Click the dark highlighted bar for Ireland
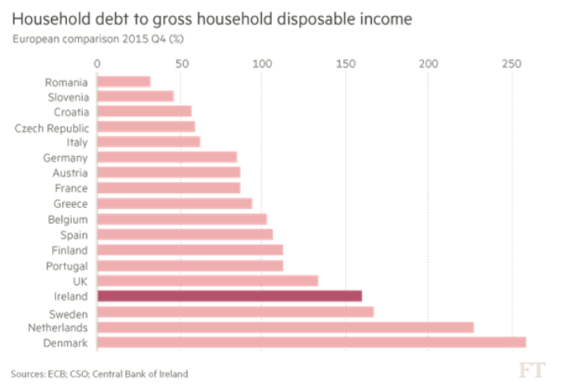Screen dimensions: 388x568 pyautogui.click(x=229, y=296)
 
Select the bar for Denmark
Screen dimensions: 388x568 pyautogui.click(x=311, y=342)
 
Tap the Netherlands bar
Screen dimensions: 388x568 pyautogui.click(x=285, y=327)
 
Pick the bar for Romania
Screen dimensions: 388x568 pyautogui.click(x=124, y=81)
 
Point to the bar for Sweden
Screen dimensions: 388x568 pyautogui.click(x=235, y=312)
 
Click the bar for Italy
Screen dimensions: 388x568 pyautogui.click(x=149, y=142)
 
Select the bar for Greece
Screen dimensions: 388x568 pyautogui.click(x=175, y=204)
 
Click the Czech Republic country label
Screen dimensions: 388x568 pyautogui.click(x=51, y=127)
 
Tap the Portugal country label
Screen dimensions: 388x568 pyautogui.click(x=66, y=265)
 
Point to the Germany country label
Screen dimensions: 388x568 pyautogui.click(x=65, y=158)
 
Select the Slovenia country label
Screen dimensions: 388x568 pyautogui.click(x=66, y=96)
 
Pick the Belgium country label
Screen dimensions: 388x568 pyautogui.click(x=67, y=219)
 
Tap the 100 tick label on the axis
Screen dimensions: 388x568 pyautogui.click(x=262, y=64)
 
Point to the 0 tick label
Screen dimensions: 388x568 pyautogui.click(x=98, y=64)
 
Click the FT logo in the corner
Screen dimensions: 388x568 pyautogui.click(x=532, y=369)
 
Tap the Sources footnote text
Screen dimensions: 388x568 pyautogui.click(x=99, y=373)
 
